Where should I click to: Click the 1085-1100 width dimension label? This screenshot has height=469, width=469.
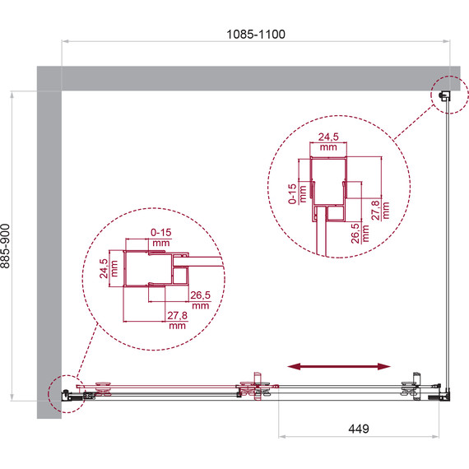[x=256, y=34]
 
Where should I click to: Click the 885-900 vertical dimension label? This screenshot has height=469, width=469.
[x=6, y=246]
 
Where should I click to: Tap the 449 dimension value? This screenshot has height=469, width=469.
[x=359, y=429]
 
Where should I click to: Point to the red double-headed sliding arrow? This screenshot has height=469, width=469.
[x=339, y=366]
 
